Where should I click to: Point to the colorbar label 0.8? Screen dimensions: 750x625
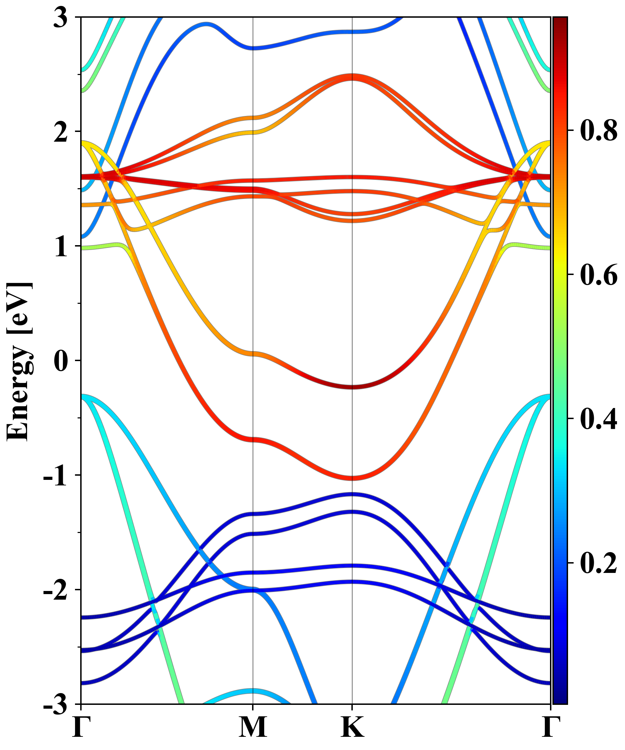click(x=599, y=131)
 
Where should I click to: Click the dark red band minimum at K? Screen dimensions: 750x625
click(x=352, y=387)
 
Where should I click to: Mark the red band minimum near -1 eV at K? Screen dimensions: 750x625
click(x=352, y=478)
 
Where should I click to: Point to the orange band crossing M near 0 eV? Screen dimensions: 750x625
click(x=253, y=353)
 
